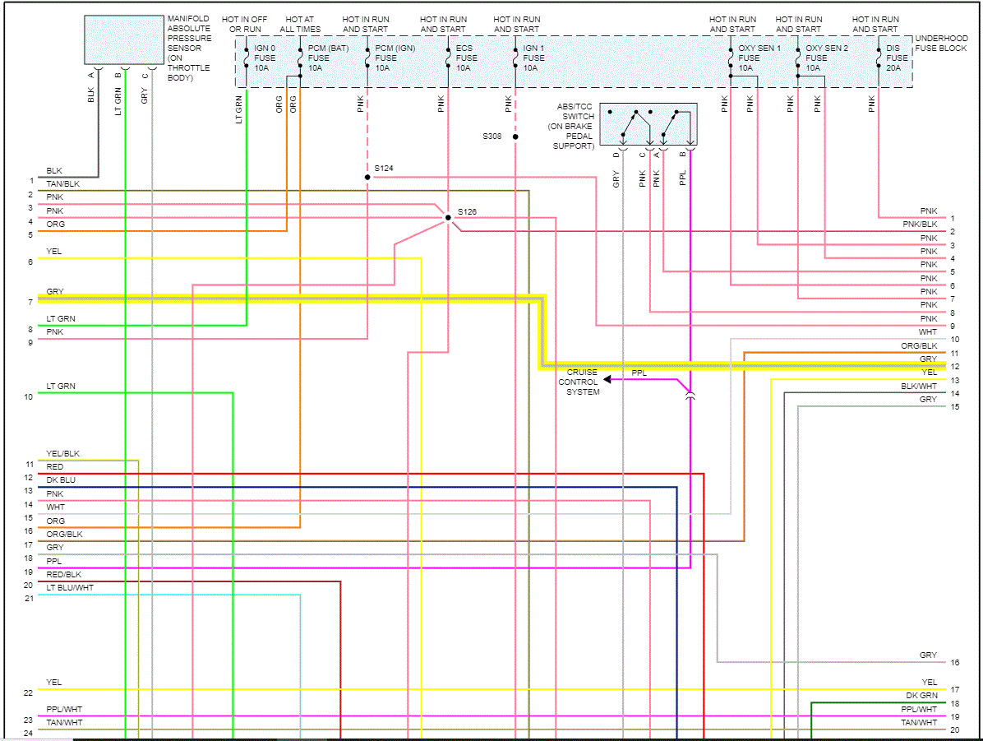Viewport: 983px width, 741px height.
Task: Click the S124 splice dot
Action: coord(367,177)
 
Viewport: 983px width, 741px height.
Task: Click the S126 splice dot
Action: coord(448,218)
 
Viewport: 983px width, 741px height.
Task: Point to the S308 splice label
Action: coord(492,137)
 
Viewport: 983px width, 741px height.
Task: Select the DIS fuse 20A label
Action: coord(897,58)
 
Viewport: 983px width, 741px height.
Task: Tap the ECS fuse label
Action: coord(466,58)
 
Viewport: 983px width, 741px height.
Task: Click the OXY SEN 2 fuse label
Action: coord(826,58)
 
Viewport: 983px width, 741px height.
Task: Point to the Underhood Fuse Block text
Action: coord(941,44)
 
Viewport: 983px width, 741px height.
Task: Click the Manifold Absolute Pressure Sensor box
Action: coord(122,39)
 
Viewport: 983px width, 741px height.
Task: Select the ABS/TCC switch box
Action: coord(648,123)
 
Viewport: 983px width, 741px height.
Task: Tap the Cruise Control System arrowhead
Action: coord(607,379)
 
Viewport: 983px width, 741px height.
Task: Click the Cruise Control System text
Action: coord(581,382)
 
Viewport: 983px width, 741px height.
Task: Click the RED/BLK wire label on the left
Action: coord(64,574)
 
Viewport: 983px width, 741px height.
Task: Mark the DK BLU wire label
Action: coord(61,479)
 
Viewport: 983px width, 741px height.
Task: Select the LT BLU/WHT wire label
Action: coord(71,587)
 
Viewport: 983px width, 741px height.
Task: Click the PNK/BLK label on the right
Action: coord(920,224)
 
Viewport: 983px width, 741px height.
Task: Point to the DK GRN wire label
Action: coord(921,695)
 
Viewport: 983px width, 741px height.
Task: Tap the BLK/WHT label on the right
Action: coord(919,386)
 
